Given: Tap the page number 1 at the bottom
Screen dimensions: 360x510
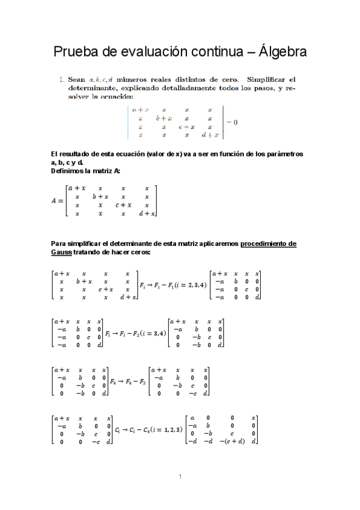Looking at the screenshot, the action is point(180,477).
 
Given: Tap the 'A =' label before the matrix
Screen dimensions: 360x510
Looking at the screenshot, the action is point(58,201).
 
